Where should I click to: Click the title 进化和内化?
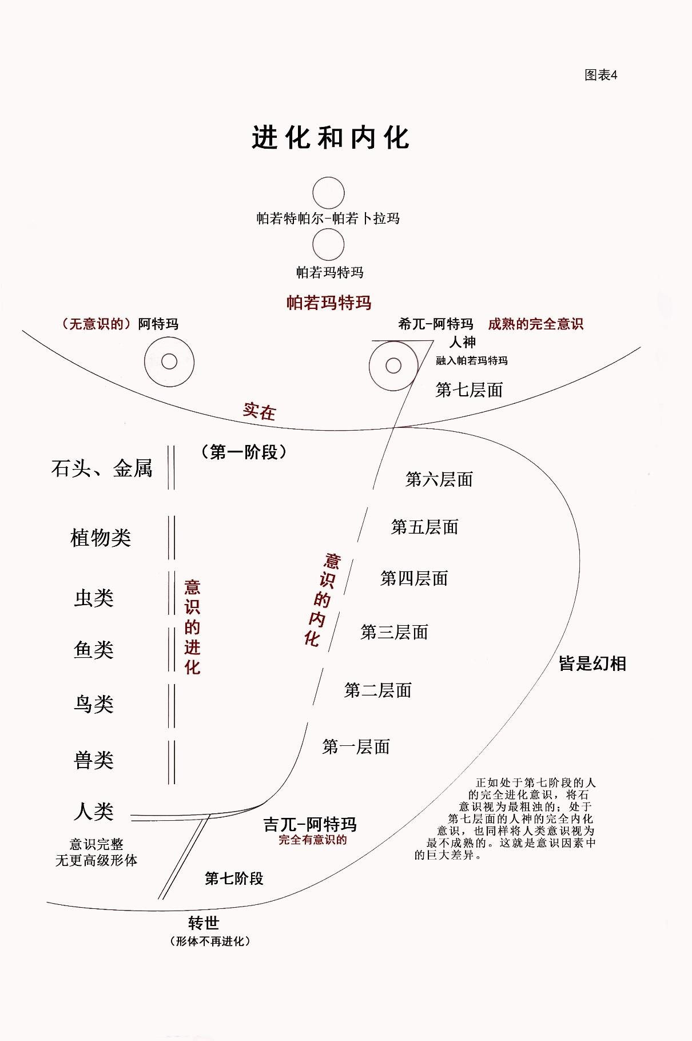[331, 138]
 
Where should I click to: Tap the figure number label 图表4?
[601, 75]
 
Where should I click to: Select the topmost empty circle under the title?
[328, 193]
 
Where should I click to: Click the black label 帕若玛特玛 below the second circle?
[330, 272]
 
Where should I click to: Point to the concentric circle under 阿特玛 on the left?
[169, 361]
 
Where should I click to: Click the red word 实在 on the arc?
[259, 411]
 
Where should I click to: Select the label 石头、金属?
[102, 468]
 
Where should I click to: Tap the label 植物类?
[101, 538]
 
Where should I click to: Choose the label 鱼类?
[94, 650]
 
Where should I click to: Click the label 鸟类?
[94, 704]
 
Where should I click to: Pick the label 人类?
[94, 811]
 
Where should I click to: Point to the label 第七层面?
[469, 390]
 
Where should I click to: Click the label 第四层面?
[414, 578]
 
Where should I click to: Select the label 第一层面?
[356, 746]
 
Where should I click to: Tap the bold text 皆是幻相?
[592, 663]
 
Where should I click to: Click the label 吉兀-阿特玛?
[310, 824]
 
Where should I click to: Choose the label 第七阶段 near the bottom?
[234, 879]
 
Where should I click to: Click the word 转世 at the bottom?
[204, 923]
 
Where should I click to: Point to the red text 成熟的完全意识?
[535, 324]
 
